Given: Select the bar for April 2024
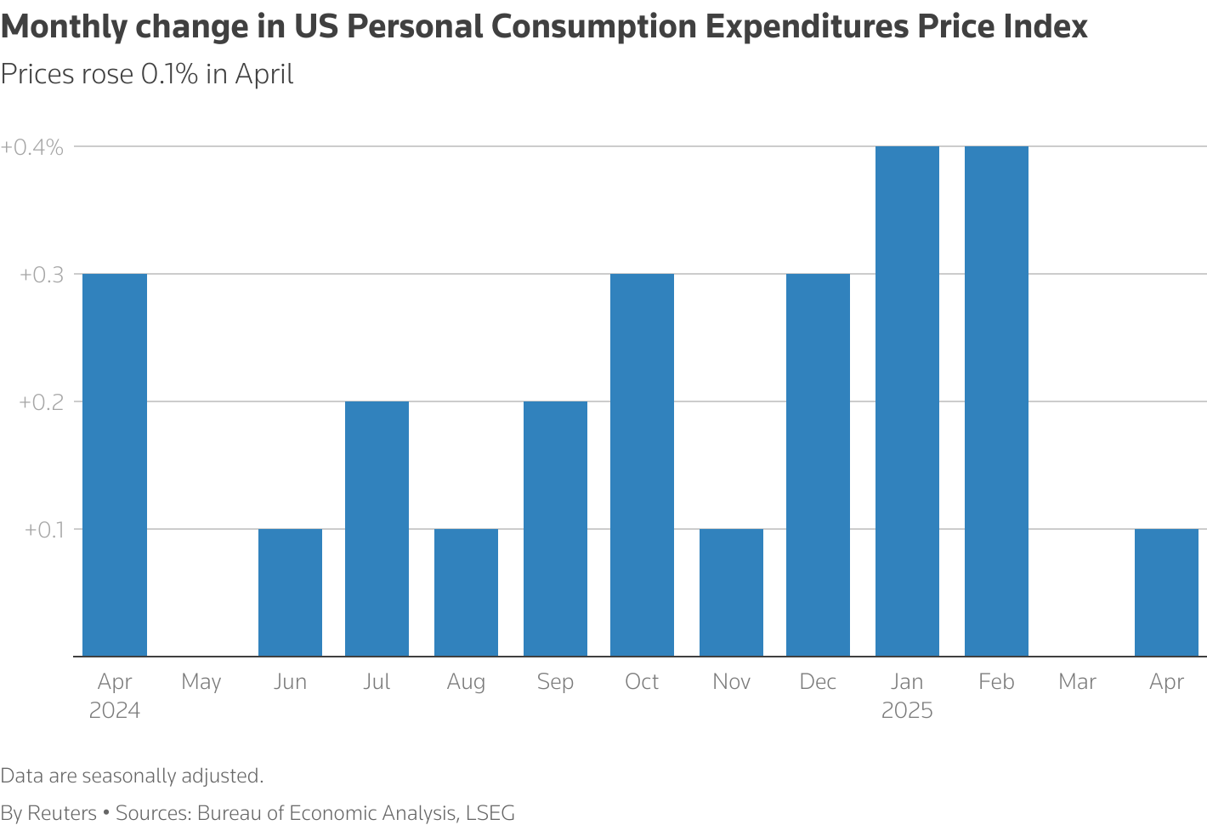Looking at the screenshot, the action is pos(114,464).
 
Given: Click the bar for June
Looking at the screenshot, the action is pos(290,593).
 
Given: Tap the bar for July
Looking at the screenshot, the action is pos(377,529).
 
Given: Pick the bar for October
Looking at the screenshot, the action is pos(642,464).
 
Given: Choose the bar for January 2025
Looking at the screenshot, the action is pos(907,401).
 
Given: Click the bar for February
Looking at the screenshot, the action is pos(996,401).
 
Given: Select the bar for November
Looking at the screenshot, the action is pos(731,593).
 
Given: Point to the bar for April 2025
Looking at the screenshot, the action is pos(1166,593).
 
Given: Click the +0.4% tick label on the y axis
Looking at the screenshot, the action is pos(31,147).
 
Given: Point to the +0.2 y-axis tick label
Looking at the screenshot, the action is pos(42,402).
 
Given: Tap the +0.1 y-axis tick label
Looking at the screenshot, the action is pos(44,530).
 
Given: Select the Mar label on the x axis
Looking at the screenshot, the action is pos(1077,681).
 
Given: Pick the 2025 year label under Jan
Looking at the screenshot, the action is pos(907,710).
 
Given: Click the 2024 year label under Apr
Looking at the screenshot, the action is pos(114,710).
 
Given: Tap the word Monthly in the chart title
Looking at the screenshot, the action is pos(64,27).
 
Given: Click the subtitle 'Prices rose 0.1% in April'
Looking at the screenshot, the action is pos(146,74).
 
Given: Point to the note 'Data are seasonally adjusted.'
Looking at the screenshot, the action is pos(132,776).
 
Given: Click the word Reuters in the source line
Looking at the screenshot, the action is pos(62,812).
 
